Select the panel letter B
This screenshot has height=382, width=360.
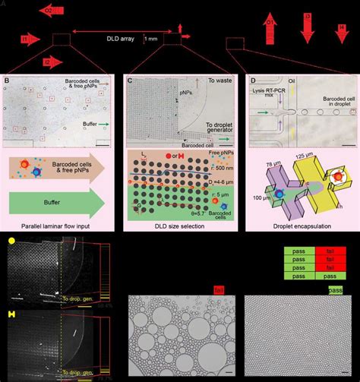coord(6,80)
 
